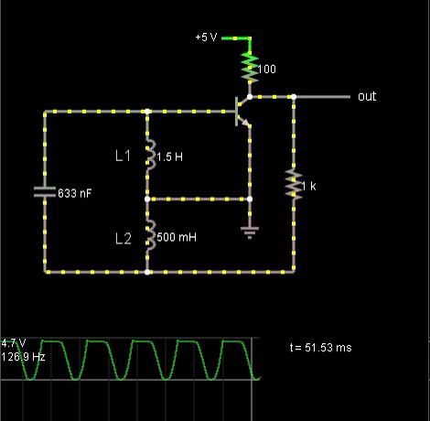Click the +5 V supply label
206,38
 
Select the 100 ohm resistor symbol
250,68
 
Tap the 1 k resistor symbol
294,184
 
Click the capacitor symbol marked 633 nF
45,192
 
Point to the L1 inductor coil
149,155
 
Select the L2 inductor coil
149,235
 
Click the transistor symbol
242,112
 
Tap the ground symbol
250,232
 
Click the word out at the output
367,96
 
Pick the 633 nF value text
75,193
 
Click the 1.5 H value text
169,157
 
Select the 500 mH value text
177,237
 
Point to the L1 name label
124,156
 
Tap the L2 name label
124,239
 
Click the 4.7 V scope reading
14,343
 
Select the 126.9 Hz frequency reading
23,357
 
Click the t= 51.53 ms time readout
321,348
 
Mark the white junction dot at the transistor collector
250,97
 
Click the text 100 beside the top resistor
267,69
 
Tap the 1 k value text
308,186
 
